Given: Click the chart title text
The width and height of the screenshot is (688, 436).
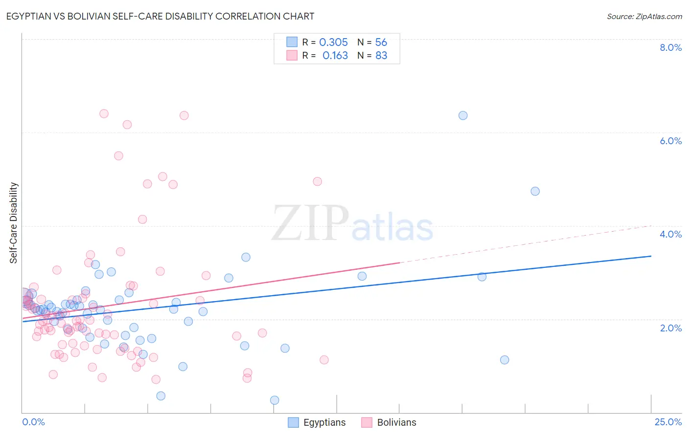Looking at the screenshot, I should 160,16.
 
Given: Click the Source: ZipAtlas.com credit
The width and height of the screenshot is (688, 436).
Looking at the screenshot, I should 644,16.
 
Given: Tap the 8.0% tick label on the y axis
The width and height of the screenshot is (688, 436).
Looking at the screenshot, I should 670,47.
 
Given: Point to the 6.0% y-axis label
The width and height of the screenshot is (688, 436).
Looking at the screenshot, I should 670,141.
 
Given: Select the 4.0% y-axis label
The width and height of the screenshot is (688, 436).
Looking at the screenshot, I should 670,234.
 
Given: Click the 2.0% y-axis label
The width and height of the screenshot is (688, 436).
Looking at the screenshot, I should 670,328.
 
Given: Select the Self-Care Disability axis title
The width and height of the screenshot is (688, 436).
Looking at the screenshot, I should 14,223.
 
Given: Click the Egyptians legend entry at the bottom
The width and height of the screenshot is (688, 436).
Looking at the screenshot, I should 324,423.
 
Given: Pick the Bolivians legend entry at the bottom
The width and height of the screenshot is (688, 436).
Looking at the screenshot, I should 396,423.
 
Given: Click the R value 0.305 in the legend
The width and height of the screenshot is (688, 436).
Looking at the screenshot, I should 333,43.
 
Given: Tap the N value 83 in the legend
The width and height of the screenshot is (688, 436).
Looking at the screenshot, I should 381,56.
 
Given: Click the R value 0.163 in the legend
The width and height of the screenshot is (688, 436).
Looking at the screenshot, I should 335,56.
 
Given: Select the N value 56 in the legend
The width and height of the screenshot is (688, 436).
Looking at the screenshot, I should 381,43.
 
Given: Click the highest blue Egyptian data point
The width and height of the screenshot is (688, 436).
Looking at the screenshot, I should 463,116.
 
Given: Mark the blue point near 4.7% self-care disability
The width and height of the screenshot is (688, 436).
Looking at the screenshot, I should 535,191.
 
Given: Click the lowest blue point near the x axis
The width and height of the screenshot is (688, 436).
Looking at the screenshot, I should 275,400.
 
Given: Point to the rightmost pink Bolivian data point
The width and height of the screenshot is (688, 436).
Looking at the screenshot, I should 324,360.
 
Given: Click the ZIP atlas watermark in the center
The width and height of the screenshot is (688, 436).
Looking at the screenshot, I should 352,224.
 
